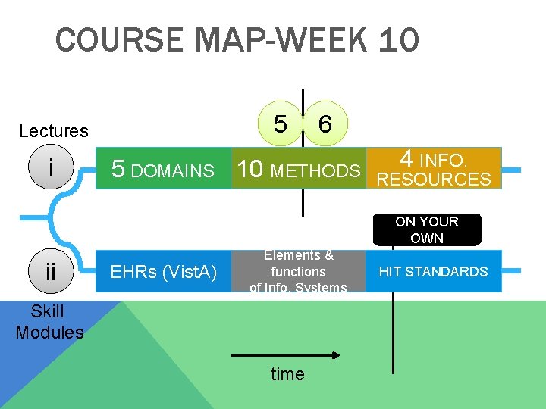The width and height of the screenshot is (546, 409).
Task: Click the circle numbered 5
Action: pyautogui.click(x=281, y=123)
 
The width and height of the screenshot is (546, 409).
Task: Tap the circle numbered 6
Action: pyautogui.click(x=325, y=123)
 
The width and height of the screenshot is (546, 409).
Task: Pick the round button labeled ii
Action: pyautogui.click(x=51, y=271)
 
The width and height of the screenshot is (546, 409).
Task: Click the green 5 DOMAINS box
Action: pyautogui.click(x=163, y=169)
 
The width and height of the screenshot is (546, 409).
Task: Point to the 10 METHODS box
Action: pyautogui.click(x=298, y=169)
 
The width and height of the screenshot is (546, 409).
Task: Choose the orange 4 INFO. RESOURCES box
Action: pyautogui.click(x=435, y=168)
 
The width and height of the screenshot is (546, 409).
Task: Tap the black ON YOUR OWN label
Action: pyautogui.click(x=427, y=229)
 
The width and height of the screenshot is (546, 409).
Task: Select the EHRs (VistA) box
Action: pyautogui.click(x=163, y=271)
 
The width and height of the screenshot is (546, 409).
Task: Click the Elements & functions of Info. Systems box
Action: pyautogui.click(x=298, y=271)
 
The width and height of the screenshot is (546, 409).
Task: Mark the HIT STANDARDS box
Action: pyautogui.click(x=434, y=271)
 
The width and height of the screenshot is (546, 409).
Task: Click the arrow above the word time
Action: pyautogui.click(x=284, y=354)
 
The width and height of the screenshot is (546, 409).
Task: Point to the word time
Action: pyautogui.click(x=287, y=374)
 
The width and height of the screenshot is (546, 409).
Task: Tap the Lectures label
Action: pyautogui.click(x=54, y=131)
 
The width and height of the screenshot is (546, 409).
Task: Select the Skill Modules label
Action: pyautogui.click(x=49, y=322)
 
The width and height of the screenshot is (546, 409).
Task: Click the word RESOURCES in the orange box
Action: pyautogui.click(x=435, y=180)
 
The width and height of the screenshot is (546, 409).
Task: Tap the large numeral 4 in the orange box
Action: pyautogui.click(x=406, y=158)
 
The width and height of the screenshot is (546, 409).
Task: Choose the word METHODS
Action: pyautogui.click(x=315, y=171)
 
